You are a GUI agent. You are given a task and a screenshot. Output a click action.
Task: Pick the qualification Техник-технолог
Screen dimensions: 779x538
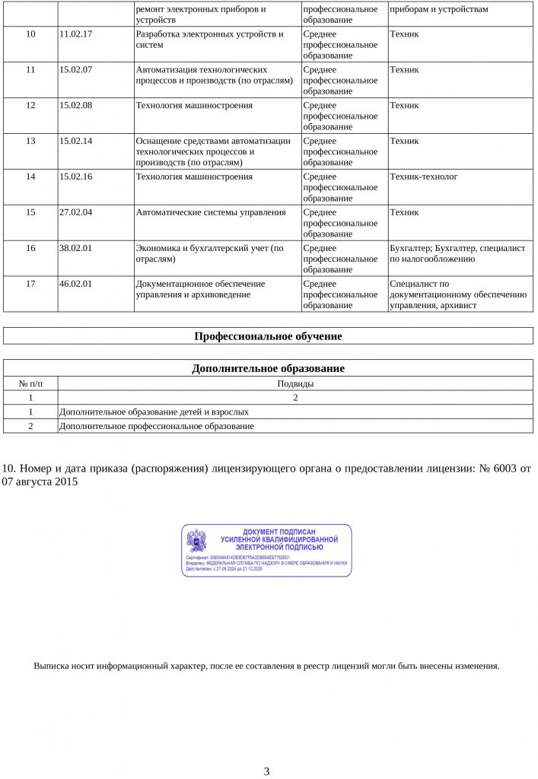pyautogui.click(x=424, y=177)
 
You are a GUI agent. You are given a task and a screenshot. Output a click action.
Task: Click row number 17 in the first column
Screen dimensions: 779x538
pyautogui.click(x=30, y=285)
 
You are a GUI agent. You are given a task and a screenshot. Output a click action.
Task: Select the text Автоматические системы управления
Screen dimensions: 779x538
pyautogui.click(x=210, y=213)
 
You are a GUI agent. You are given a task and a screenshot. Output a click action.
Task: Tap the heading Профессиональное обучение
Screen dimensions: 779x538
pyautogui.click(x=268, y=336)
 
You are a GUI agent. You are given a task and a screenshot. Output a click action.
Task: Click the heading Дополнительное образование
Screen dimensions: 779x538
pyautogui.click(x=268, y=369)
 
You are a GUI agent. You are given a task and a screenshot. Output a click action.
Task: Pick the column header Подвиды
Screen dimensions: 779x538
pyautogui.click(x=295, y=384)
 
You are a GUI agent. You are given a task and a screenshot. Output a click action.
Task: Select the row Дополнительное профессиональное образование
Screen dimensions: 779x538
pyautogui.click(x=156, y=426)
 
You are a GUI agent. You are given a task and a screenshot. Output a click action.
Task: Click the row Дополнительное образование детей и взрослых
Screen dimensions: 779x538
pyautogui.click(x=154, y=412)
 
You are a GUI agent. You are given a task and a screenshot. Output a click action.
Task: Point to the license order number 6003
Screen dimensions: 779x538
pyautogui.click(x=505, y=469)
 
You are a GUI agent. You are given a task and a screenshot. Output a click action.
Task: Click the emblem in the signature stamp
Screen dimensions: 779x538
pyautogui.click(x=196, y=540)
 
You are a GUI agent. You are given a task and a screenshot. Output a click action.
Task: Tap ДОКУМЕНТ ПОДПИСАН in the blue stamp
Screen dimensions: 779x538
pyautogui.click(x=279, y=532)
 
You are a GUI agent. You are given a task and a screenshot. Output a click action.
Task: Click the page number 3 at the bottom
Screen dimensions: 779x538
pyautogui.click(x=266, y=771)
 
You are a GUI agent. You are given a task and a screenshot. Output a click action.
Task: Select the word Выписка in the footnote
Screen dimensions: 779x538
pyautogui.click(x=50, y=666)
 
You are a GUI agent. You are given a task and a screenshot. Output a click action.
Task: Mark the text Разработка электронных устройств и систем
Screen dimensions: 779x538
pyautogui.click(x=209, y=40)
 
